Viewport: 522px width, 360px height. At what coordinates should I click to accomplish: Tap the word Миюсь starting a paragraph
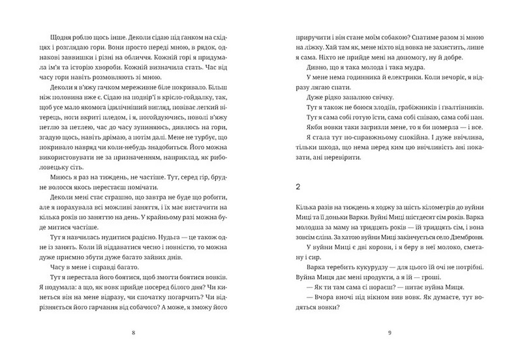click(50, 177)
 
